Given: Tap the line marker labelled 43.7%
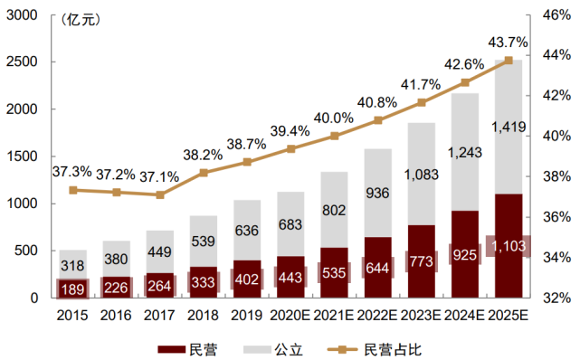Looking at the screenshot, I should tap(509, 61).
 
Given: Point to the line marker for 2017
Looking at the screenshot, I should tap(160, 194).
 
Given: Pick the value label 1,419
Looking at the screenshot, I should tap(509, 127).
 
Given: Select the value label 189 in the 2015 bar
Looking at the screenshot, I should tap(73, 289).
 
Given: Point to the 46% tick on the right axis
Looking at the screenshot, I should tap(553, 15).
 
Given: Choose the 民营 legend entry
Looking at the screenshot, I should tap(186, 348).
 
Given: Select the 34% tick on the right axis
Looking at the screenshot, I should tap(553, 258).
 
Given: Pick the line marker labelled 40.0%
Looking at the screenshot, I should tap(335, 136).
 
